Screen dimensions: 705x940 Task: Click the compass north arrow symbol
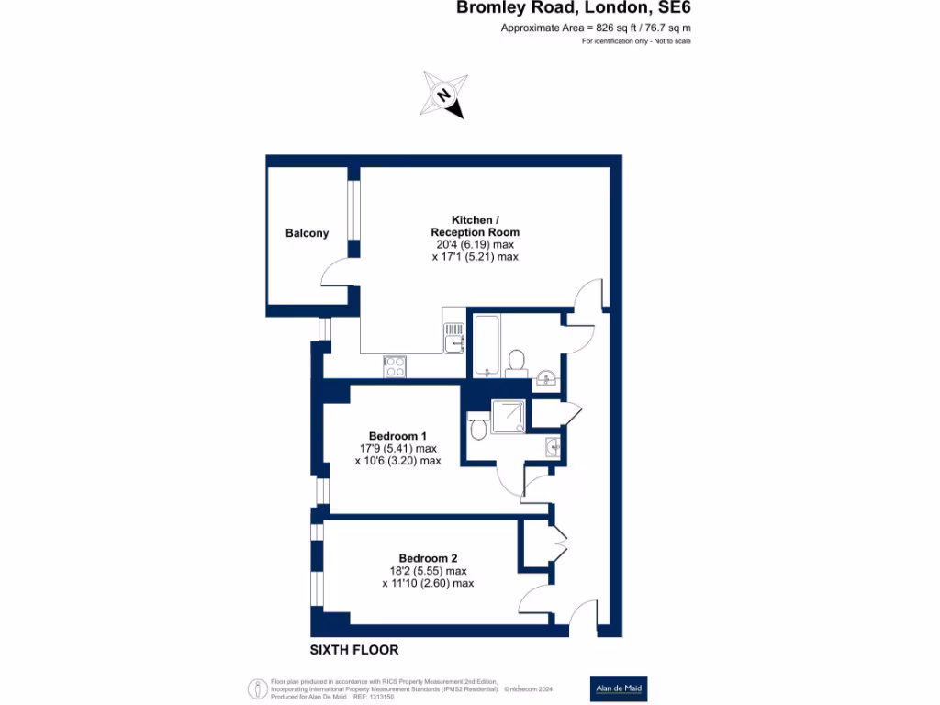[442, 95]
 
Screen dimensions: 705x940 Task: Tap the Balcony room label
[307, 233]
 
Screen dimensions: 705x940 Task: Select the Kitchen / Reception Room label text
[475, 226]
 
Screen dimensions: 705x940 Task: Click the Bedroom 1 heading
[397, 435]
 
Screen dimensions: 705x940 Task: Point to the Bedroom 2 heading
[428, 558]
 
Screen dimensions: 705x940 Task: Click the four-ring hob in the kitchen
[396, 365]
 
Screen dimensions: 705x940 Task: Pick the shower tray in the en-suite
[509, 419]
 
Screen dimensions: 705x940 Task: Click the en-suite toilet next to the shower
[478, 428]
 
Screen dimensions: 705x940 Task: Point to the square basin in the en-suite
[552, 446]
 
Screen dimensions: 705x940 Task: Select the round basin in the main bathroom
[545, 377]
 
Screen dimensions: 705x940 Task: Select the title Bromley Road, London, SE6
[574, 9]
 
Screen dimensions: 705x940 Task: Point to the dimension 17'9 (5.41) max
[397, 448]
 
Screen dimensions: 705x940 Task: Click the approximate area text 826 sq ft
[596, 28]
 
